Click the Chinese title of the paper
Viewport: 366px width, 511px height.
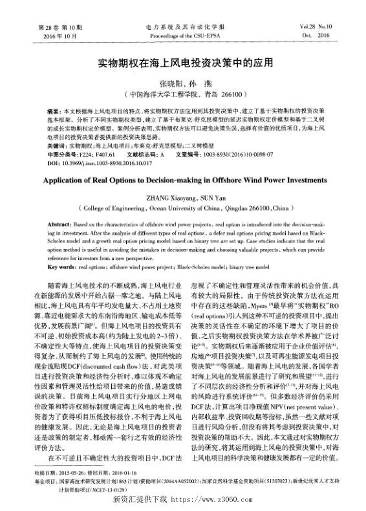click(x=183, y=65)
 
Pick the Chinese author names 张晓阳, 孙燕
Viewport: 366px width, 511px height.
click(x=182, y=84)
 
